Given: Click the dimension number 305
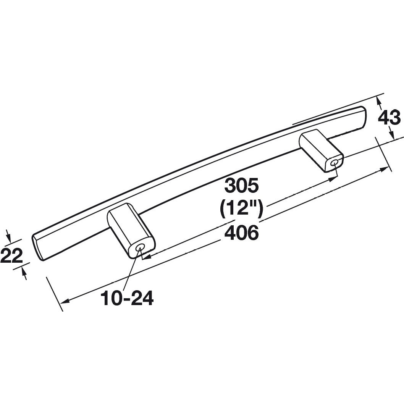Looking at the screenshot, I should coord(242,186).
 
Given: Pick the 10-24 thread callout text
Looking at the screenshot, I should coord(127,298).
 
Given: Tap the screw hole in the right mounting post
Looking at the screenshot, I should coord(334,164).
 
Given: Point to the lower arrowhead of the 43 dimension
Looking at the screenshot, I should coord(391,134).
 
